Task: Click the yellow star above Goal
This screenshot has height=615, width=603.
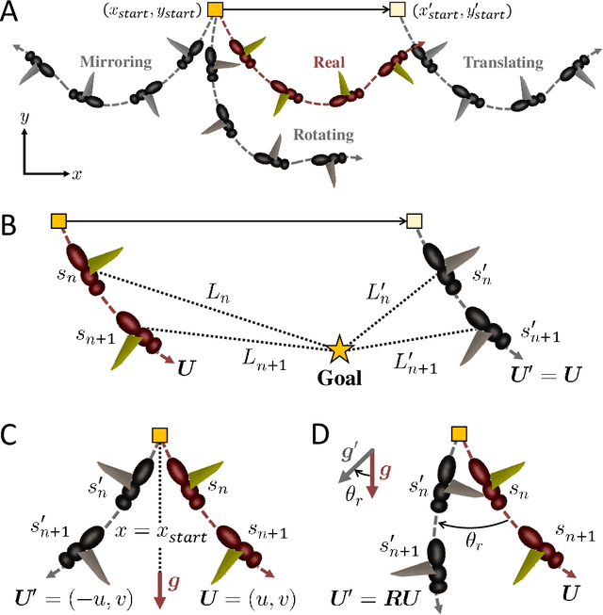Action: click(x=337, y=350)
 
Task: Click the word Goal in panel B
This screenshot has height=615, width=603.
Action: click(x=337, y=377)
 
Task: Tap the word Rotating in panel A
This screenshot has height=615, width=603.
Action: click(x=322, y=135)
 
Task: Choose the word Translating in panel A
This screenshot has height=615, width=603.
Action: click(x=502, y=63)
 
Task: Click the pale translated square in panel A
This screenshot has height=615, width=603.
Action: click(x=399, y=11)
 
